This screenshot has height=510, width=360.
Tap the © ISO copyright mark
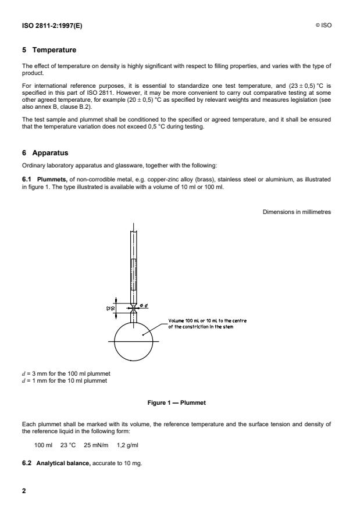(x=324, y=26)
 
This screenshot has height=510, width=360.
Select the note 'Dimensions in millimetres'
(x=297, y=213)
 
